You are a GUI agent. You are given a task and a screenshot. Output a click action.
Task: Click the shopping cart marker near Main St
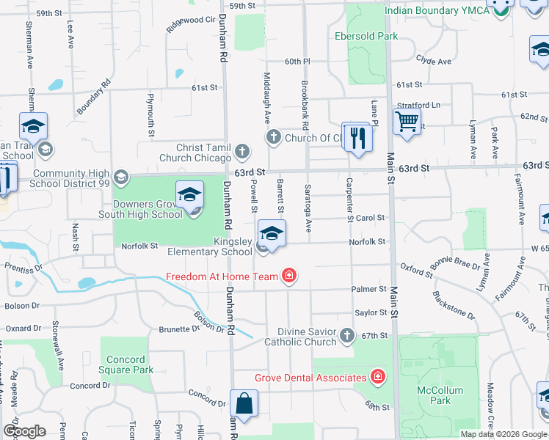pyautogui.click(x=406, y=121)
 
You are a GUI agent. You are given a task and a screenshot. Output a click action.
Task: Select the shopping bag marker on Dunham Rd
pyautogui.click(x=244, y=403)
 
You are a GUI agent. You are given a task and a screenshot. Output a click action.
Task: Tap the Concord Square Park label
pyautogui.click(x=131, y=364)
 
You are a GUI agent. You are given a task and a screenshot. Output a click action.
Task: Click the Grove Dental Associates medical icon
pyautogui.click(x=378, y=378)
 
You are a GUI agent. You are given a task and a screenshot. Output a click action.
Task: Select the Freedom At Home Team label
pyautogui.click(x=222, y=276)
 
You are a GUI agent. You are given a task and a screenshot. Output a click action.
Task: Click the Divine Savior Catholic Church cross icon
pyautogui.click(x=348, y=336)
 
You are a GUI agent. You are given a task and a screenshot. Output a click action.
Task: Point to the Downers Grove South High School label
pyautogui.click(x=148, y=210)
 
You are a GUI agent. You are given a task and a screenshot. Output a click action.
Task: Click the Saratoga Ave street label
pyautogui.click(x=309, y=206)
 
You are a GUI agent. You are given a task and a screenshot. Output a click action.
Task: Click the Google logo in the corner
pyautogui.click(x=24, y=431)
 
